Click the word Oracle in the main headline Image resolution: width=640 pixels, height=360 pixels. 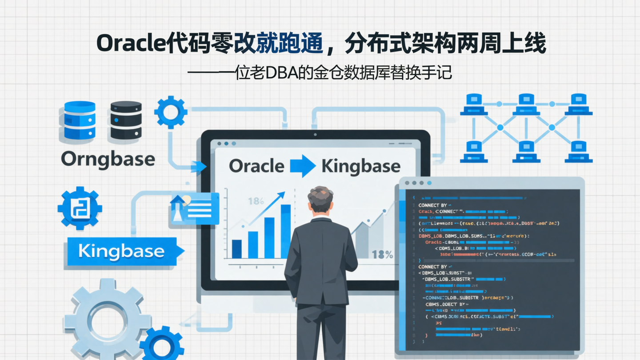[128, 44]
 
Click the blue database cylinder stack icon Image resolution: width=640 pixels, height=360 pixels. [80, 120]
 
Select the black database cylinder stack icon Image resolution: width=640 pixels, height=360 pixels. [126, 120]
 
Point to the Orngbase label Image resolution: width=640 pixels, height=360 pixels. [108, 159]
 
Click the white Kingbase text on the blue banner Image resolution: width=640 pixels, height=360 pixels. [121, 252]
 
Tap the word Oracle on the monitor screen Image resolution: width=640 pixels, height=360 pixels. [256, 166]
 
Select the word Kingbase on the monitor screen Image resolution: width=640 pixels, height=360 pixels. [360, 167]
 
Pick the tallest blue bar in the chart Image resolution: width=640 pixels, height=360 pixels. [286, 231]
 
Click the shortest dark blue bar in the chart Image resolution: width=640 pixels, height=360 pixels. [237, 249]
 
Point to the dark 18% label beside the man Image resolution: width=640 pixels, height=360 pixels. [382, 255]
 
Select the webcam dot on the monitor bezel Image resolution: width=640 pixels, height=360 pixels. [315, 134]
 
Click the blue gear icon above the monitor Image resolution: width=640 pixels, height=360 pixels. [171, 112]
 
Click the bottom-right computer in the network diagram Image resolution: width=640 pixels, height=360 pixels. [578, 152]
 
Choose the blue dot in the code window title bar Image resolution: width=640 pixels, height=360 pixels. [429, 183]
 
